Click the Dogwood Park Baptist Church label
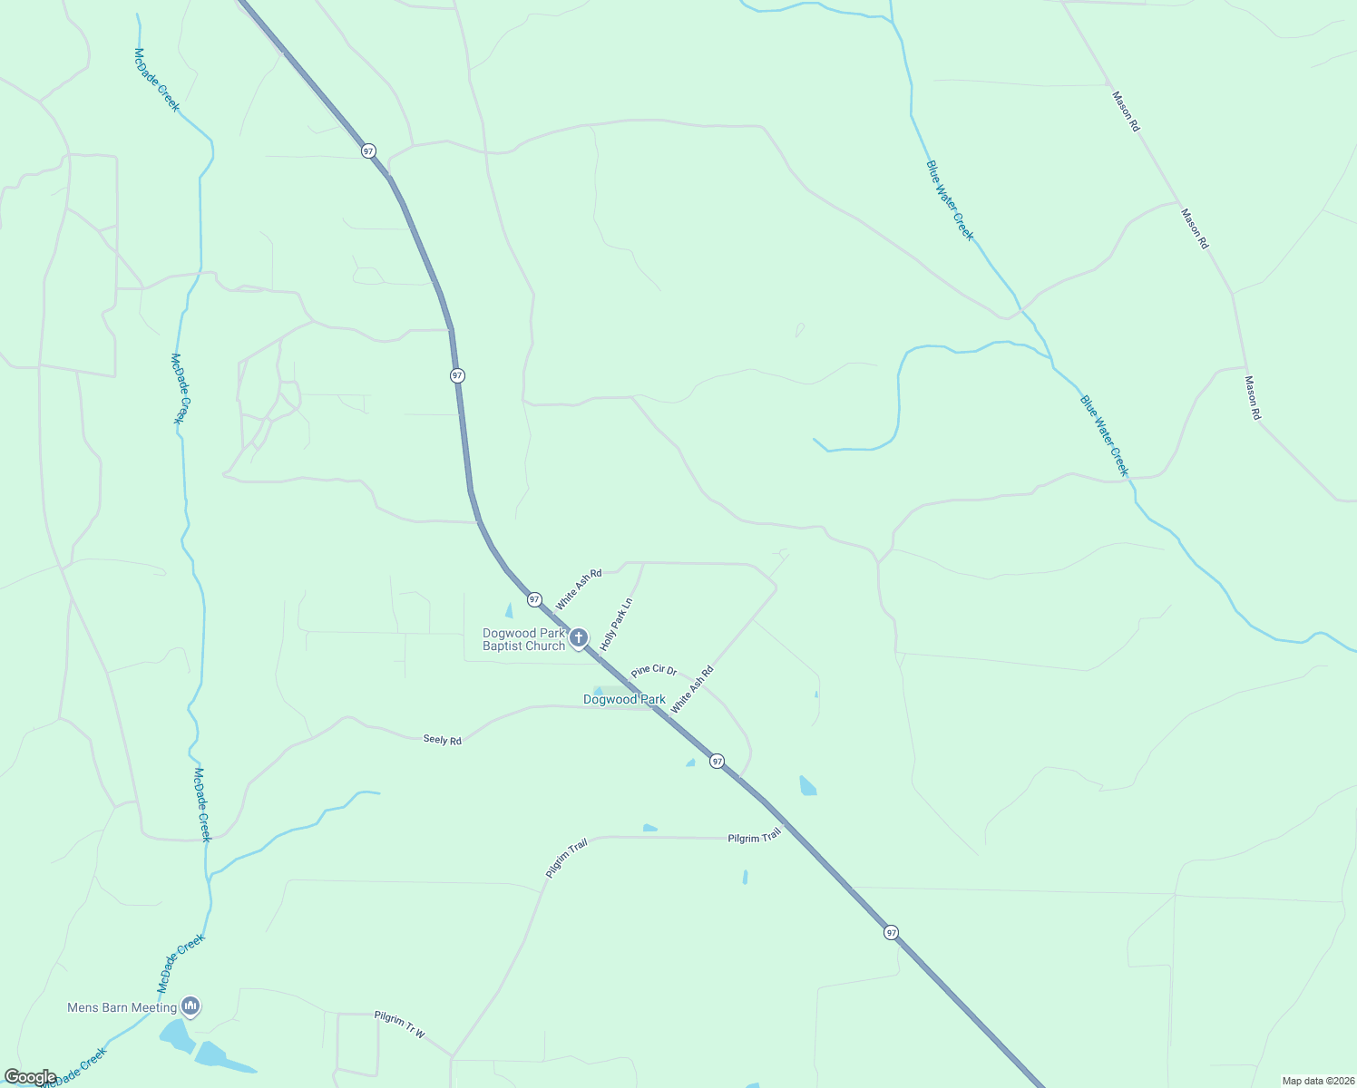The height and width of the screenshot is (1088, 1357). (x=524, y=640)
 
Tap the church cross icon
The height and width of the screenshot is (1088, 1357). (x=579, y=638)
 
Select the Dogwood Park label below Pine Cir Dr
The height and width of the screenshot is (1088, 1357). (x=624, y=700)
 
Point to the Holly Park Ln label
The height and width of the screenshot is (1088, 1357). (x=617, y=624)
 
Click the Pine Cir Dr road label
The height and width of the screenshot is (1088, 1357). (x=654, y=671)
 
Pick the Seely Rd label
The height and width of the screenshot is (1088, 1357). (x=443, y=740)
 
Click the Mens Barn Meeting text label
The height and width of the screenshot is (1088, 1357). (x=122, y=1007)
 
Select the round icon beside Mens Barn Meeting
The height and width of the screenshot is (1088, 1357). (x=190, y=1005)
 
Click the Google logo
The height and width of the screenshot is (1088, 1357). (x=30, y=1077)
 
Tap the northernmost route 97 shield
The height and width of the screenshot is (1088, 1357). (x=368, y=151)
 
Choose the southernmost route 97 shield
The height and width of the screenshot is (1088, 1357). (x=892, y=932)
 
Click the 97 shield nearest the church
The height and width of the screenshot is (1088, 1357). (x=534, y=599)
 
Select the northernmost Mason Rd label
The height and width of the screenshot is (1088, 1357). (x=1126, y=111)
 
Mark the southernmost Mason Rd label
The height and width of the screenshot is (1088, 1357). (x=1253, y=397)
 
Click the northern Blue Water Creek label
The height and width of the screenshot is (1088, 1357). (x=950, y=200)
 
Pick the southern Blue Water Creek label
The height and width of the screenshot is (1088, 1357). (x=1104, y=435)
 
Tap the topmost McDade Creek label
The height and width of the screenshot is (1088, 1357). (x=157, y=80)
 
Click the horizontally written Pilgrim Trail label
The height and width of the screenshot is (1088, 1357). (x=754, y=838)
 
